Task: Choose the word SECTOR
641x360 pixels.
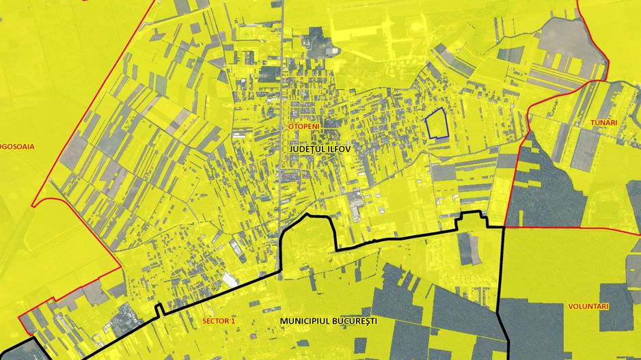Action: tap(217, 320)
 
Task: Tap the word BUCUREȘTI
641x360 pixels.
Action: tap(357, 320)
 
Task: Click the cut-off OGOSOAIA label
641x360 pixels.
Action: tap(16, 146)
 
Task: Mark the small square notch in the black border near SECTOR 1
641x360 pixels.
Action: tap(159, 309)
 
